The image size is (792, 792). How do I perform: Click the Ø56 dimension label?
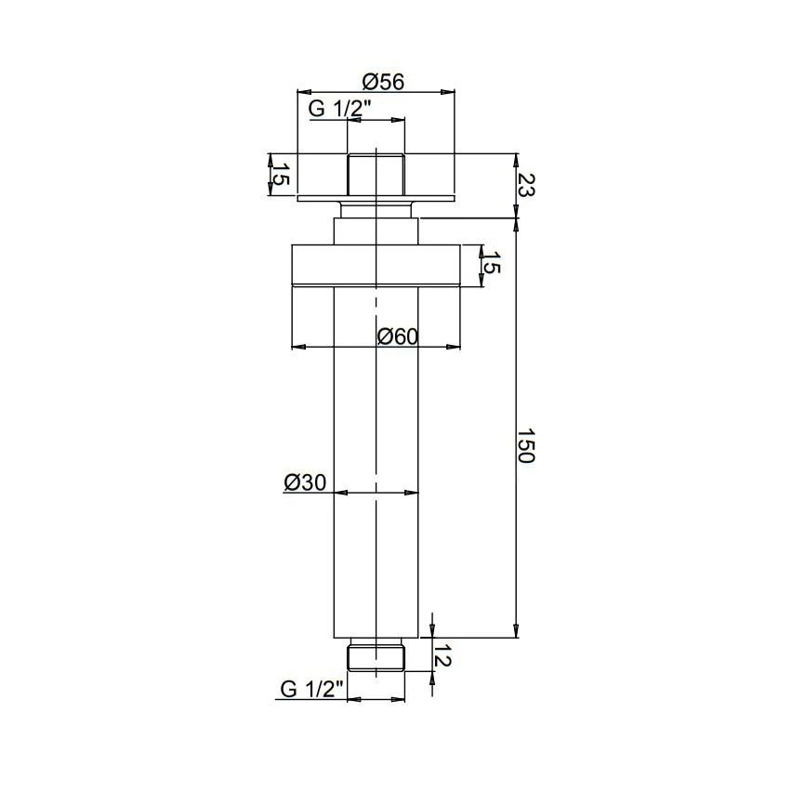click(383, 82)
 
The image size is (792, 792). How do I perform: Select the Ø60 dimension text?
click(398, 337)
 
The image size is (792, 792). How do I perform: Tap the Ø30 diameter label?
click(305, 482)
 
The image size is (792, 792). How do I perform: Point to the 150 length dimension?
click(526, 445)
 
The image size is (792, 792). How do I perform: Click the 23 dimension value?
click(526, 184)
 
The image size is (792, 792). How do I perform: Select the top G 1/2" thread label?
click(340, 109)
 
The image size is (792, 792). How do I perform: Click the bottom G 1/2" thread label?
click(311, 689)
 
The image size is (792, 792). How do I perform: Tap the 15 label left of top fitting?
click(280, 174)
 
